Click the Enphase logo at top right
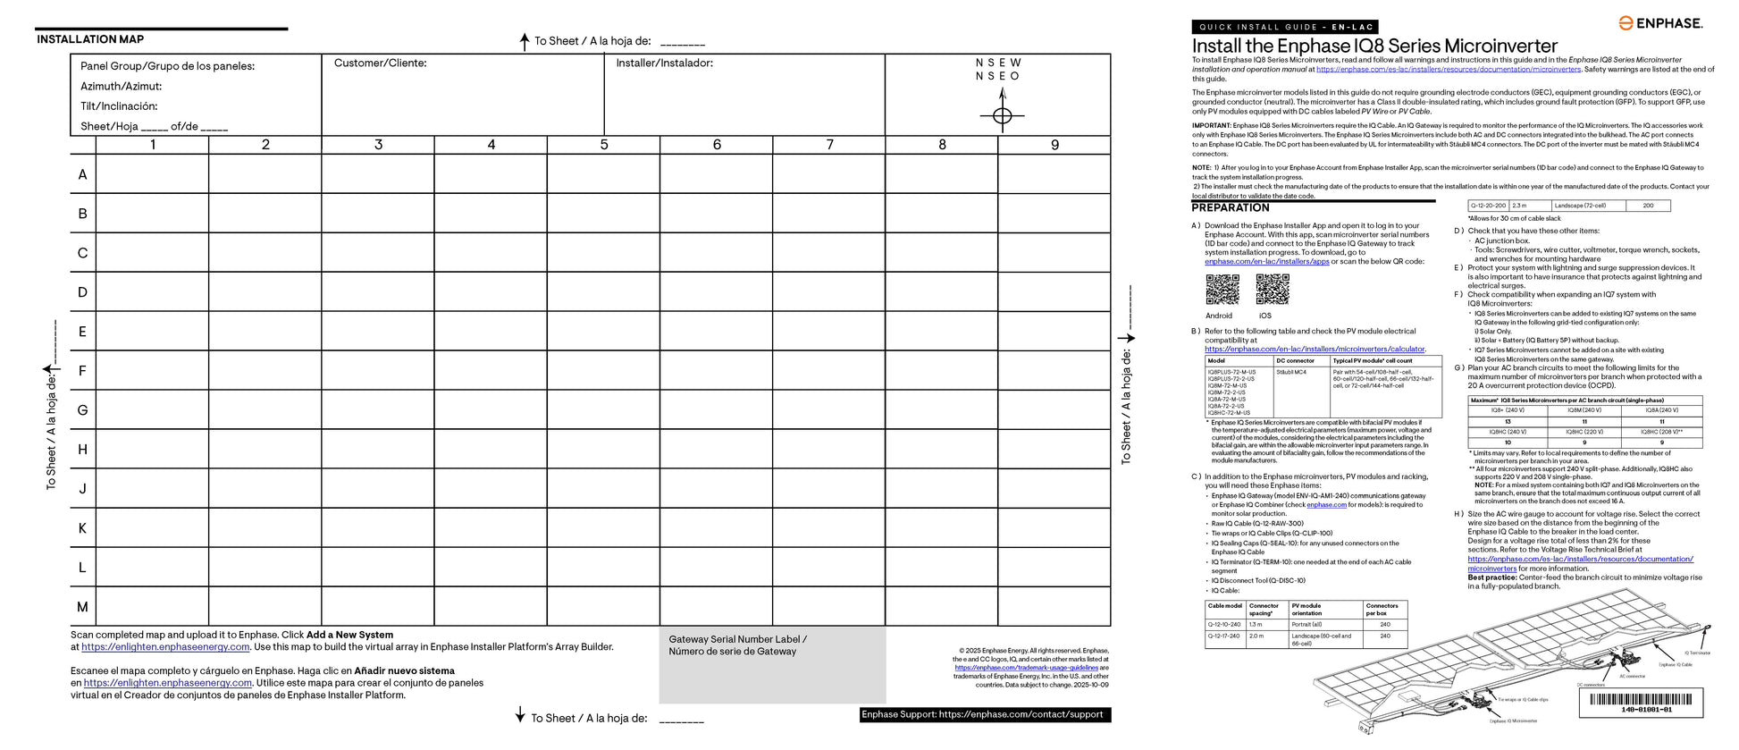pos(1661,23)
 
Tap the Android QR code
pos(1222,290)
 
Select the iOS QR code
pos(1272,290)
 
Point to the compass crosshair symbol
pos(1002,115)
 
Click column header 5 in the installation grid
pos(604,145)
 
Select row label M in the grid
pos(82,607)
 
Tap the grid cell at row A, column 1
pos(152,174)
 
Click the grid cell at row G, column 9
pos(1054,410)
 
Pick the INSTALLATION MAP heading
pos(90,39)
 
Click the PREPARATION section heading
pos(1231,207)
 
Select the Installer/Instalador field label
pos(664,63)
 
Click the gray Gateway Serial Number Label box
pos(772,665)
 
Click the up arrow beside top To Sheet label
pos(525,41)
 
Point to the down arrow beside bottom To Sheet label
pos(520,714)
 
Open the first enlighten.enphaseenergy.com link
pos(165,647)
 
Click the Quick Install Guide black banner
pos(1284,27)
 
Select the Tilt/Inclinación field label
pos(119,106)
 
